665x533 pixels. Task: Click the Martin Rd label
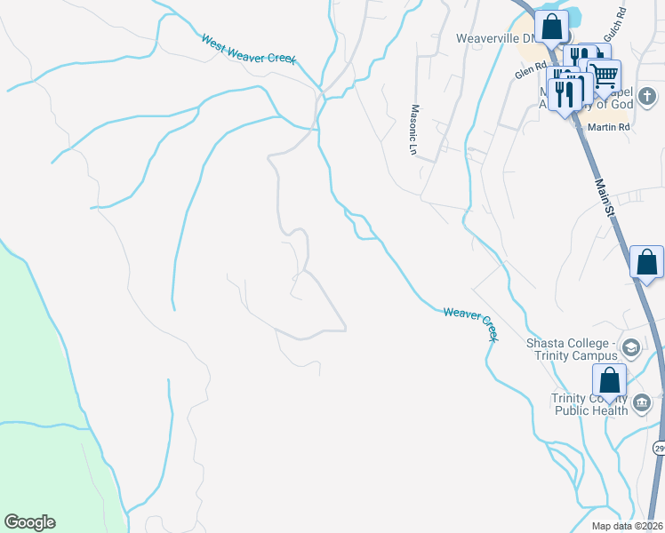click(609, 127)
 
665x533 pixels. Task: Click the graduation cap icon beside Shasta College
click(631, 347)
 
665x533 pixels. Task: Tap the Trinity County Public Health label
click(589, 404)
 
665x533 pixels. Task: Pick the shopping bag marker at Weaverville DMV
click(552, 28)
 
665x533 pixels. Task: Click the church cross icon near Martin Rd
click(647, 95)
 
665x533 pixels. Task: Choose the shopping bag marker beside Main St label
click(646, 263)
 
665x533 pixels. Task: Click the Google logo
click(29, 522)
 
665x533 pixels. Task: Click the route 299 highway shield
click(659, 449)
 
